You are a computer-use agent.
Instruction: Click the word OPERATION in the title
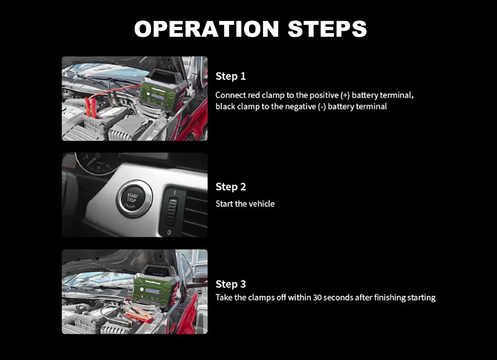click(206, 29)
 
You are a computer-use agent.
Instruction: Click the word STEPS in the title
click(327, 29)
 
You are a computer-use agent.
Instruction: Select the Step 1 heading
click(231, 76)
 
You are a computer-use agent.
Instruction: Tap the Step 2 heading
click(231, 187)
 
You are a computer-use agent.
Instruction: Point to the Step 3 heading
click(231, 284)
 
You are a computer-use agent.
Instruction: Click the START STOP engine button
click(134, 199)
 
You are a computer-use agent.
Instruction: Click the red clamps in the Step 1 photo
click(90, 107)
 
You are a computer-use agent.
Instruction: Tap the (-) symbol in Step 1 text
click(322, 107)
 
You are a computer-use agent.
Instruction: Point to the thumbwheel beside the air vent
click(172, 212)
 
